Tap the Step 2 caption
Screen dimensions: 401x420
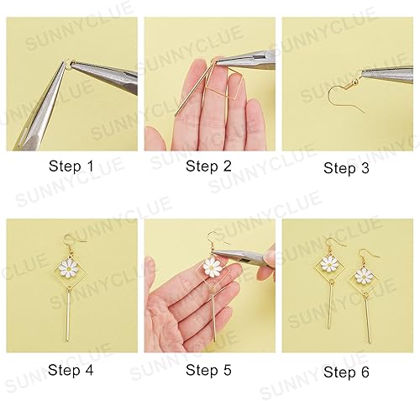(x=208, y=166)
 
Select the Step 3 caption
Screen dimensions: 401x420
(x=346, y=167)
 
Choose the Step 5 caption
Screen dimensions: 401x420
(x=208, y=369)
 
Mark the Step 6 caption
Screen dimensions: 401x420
(x=346, y=370)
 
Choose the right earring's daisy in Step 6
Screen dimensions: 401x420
(x=363, y=274)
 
